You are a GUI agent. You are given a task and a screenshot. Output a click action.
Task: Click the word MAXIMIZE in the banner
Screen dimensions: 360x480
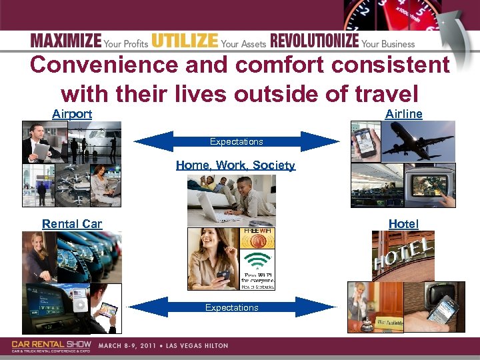65,41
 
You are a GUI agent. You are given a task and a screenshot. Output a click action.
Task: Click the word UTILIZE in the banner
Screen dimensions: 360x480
185,41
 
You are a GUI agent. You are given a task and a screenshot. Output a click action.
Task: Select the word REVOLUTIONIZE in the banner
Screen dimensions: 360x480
315,41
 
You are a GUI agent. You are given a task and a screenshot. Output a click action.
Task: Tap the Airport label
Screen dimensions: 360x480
72,114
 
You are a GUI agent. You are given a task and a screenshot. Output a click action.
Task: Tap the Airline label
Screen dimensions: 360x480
403,114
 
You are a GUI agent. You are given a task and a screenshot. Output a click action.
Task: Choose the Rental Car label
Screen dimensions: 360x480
72,223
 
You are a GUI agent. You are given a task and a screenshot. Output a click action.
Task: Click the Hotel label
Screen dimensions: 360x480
403,224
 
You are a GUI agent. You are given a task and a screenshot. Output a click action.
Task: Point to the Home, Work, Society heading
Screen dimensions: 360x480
235,165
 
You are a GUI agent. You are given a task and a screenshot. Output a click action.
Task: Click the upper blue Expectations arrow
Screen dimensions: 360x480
237,141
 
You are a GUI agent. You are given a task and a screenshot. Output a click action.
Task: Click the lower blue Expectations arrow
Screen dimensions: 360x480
232,307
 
